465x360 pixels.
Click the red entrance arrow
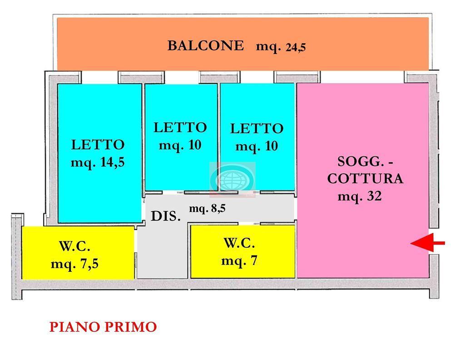pyautogui.click(x=428, y=242)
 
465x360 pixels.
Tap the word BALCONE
pyautogui.click(x=206, y=46)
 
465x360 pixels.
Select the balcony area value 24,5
pyautogui.click(x=295, y=47)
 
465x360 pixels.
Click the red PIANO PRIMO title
pyautogui.click(x=103, y=327)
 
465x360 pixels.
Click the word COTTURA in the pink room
pyautogui.click(x=365, y=178)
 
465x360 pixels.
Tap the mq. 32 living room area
pyautogui.click(x=360, y=196)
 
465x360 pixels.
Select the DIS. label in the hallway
pyautogui.click(x=166, y=216)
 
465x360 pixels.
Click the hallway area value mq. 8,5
pyautogui.click(x=207, y=208)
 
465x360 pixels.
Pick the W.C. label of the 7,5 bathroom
pyautogui.click(x=74, y=246)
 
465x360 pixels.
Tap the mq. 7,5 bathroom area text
pyautogui.click(x=74, y=264)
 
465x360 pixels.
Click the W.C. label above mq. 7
pyautogui.click(x=239, y=243)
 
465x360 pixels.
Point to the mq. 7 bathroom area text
pyautogui.click(x=239, y=260)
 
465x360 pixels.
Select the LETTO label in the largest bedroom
pyautogui.click(x=98, y=145)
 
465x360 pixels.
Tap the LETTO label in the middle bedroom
pyautogui.click(x=180, y=128)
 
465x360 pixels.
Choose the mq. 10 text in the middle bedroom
pyautogui.click(x=180, y=145)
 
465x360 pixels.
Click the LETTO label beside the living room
pyautogui.click(x=257, y=129)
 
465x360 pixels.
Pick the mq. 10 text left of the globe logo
pyautogui.click(x=180, y=145)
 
